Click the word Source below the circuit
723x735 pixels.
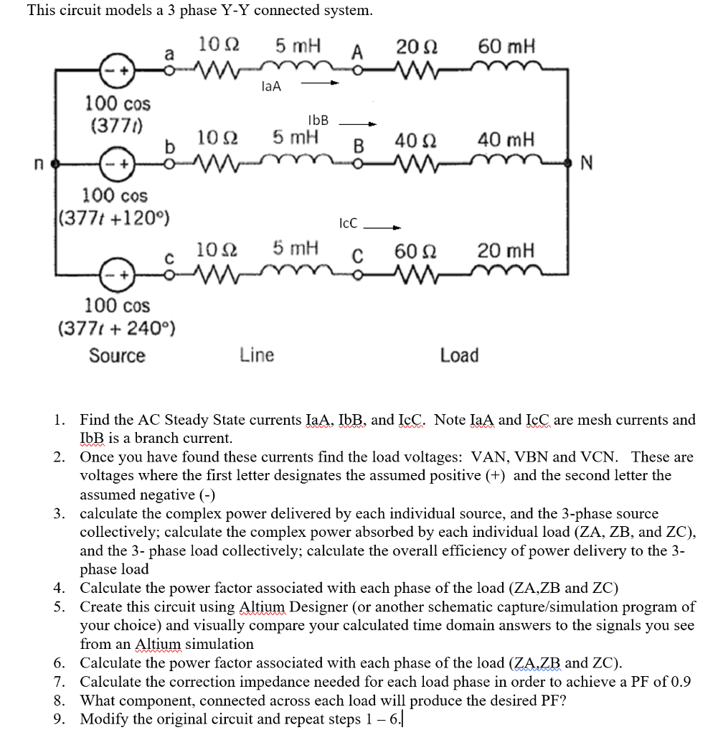tap(117, 355)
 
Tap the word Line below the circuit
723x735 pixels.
tap(257, 355)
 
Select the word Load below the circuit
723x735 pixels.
tap(459, 355)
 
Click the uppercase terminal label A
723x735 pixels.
tap(358, 52)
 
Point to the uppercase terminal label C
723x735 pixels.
tap(359, 256)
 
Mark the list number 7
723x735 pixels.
tap(60, 682)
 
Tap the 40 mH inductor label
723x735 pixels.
tap(506, 140)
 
